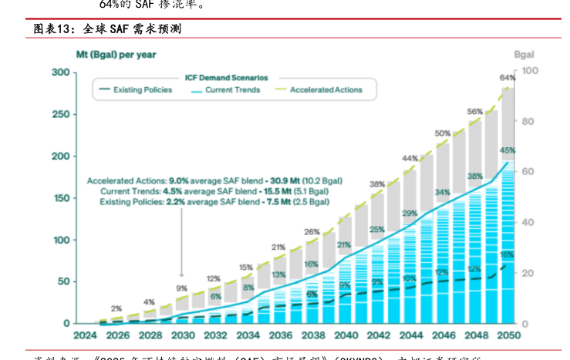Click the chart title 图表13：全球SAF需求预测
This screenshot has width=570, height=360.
click(x=107, y=29)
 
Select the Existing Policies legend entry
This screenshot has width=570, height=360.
click(x=143, y=90)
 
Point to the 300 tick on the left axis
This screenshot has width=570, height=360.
click(x=60, y=72)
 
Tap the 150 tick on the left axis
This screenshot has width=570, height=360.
click(x=60, y=198)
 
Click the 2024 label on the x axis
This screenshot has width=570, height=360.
click(x=85, y=336)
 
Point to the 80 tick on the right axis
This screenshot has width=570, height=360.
click(x=528, y=121)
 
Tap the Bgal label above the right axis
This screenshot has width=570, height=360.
click(x=524, y=55)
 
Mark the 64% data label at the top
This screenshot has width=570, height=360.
click(x=508, y=78)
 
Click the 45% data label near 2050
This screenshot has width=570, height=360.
click(x=508, y=150)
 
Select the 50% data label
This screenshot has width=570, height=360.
click(x=443, y=133)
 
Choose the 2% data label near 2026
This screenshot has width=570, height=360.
click(x=116, y=308)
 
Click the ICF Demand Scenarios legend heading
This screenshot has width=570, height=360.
click(x=226, y=78)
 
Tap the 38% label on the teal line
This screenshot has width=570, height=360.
click(x=474, y=177)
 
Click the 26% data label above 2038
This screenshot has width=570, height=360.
click(x=312, y=231)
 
